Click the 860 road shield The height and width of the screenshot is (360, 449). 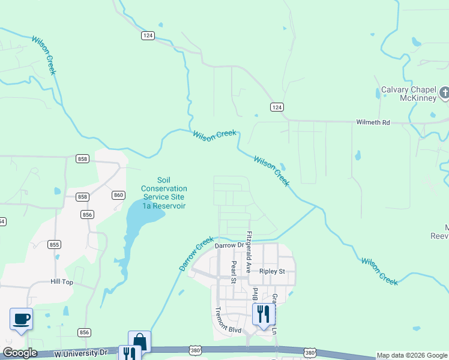click(118, 195)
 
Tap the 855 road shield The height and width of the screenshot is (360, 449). click(55, 244)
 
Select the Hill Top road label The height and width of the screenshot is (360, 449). click(62, 281)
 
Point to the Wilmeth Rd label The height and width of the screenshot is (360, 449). click(373, 122)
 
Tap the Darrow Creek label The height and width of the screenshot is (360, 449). click(196, 253)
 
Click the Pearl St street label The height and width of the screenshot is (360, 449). click(234, 271)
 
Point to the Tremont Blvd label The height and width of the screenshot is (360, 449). click(228, 319)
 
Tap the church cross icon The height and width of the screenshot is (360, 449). click(445, 93)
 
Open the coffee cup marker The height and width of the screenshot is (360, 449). click(22, 319)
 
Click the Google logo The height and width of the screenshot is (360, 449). click(19, 353)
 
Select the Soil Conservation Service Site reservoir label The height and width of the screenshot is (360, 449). click(164, 193)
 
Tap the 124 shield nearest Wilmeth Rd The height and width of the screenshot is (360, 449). click(276, 107)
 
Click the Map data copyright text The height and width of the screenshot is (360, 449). click(412, 355)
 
